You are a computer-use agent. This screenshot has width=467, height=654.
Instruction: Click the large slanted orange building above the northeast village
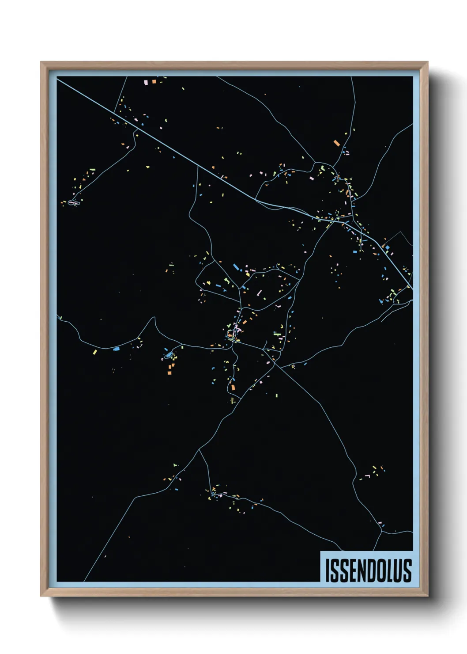pos(337,143)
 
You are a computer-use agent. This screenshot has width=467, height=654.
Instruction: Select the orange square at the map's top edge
pos(154,82)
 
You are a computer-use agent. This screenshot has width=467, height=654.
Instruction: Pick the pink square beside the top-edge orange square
pos(146,82)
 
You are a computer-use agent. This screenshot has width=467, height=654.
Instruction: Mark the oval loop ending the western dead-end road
pos(73,203)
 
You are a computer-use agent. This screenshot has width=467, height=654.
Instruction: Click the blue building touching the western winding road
pos(117,349)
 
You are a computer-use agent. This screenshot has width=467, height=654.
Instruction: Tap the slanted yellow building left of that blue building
pos(95,352)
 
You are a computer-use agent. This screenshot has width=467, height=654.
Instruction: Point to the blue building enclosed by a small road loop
pos(168,355)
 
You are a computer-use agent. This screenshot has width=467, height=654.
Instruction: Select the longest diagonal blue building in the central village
pos(236,267)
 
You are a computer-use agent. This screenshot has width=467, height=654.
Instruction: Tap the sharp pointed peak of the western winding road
pos(154,317)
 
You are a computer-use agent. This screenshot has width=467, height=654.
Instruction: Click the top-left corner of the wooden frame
pos(41,62)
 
